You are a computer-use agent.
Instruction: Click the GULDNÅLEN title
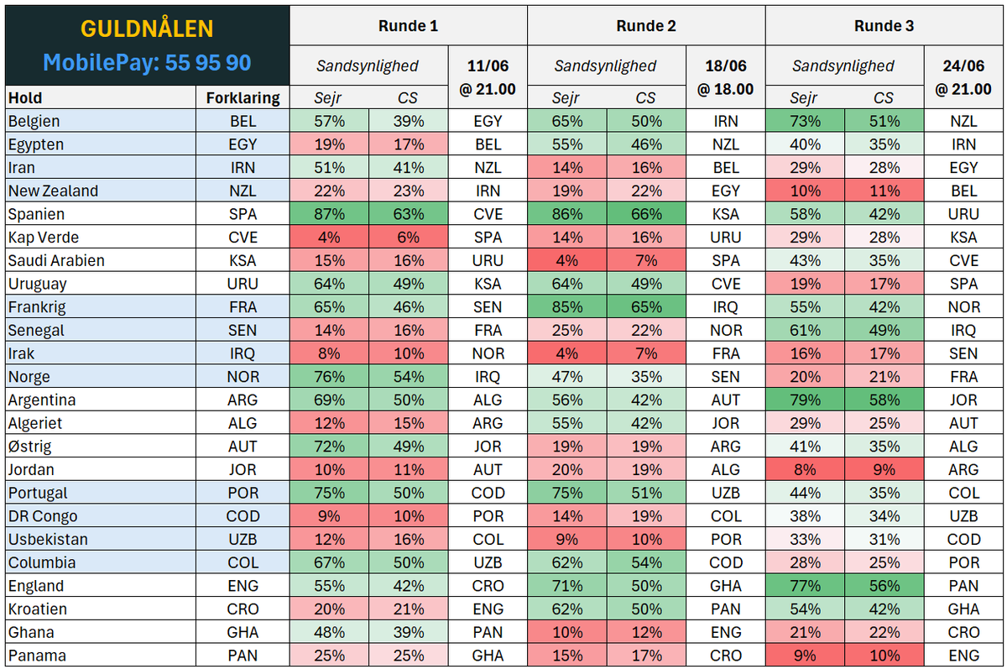point(147,29)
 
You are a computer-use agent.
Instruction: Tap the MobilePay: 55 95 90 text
point(147,62)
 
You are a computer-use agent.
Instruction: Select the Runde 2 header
point(646,26)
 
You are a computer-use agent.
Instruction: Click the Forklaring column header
point(243,97)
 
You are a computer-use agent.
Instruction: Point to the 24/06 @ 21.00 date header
point(963,77)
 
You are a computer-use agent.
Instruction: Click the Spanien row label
point(36,214)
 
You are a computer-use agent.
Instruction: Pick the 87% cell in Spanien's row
point(329,214)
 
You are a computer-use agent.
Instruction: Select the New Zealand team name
point(53,191)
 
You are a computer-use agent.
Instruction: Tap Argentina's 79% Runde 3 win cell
point(805,400)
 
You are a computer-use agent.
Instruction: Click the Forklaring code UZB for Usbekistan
point(243,539)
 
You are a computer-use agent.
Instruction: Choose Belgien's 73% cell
point(805,121)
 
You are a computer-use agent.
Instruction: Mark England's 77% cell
point(805,585)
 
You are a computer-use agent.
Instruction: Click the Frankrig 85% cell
point(567,306)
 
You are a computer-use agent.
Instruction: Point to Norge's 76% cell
point(329,376)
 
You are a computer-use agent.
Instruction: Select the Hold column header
point(25,97)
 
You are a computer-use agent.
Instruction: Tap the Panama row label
point(37,655)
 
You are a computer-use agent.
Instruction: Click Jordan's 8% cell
point(805,469)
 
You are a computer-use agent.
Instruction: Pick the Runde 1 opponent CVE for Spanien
point(488,214)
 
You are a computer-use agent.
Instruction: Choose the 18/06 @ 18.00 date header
point(726,77)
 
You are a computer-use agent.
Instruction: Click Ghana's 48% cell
point(329,632)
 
